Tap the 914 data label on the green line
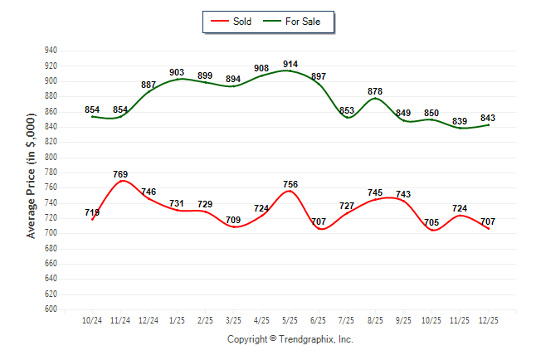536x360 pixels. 290,64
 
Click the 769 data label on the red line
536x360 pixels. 120,174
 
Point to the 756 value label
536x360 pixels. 290,184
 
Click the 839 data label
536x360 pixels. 460,121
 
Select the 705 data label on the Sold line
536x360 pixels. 432,222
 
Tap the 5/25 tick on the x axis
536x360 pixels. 290,319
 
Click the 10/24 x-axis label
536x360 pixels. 92,319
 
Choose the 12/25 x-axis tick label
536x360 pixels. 489,319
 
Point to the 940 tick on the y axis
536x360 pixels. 51,51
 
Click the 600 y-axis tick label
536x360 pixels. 51,309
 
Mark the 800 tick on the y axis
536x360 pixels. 51,157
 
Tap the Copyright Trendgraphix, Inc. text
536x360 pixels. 290,339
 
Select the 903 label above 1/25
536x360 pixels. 177,73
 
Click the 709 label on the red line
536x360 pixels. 233,220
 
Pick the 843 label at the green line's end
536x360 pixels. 489,117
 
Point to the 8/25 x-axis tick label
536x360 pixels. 375,319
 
